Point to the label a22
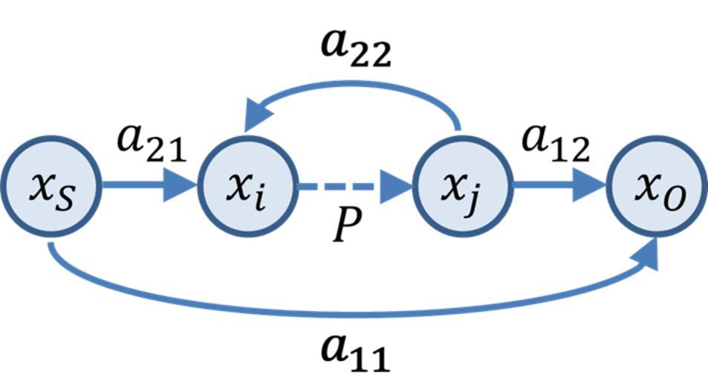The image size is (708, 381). tap(355, 49)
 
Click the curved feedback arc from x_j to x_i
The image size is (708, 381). tap(357, 86)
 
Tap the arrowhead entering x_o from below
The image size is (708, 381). tap(649, 254)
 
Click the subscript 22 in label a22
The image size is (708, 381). tap(371, 56)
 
